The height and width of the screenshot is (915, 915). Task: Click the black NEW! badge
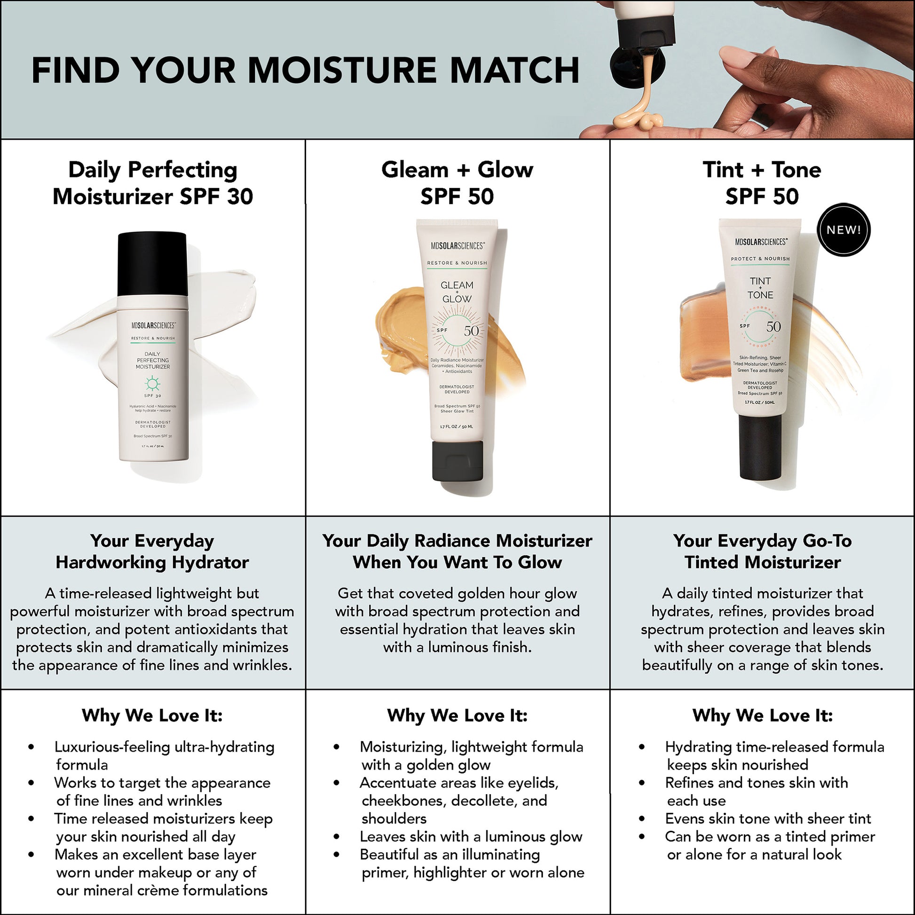[x=844, y=230]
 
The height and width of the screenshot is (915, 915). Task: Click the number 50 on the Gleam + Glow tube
[x=471, y=331]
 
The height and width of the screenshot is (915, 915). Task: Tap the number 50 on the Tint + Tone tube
[x=773, y=327]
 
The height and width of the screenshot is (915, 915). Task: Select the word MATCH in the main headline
[x=515, y=71]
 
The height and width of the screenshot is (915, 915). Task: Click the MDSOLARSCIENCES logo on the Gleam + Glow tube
[x=457, y=246]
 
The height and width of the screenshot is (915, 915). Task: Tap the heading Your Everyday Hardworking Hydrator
[x=152, y=551]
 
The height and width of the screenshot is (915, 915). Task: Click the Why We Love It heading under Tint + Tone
[x=763, y=715]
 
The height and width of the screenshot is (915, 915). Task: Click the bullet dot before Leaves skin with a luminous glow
[x=337, y=837]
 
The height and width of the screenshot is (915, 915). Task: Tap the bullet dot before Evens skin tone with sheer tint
[x=642, y=819]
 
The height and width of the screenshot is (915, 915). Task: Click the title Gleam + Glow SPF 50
[x=457, y=183]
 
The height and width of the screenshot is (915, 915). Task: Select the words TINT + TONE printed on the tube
[x=760, y=288]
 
